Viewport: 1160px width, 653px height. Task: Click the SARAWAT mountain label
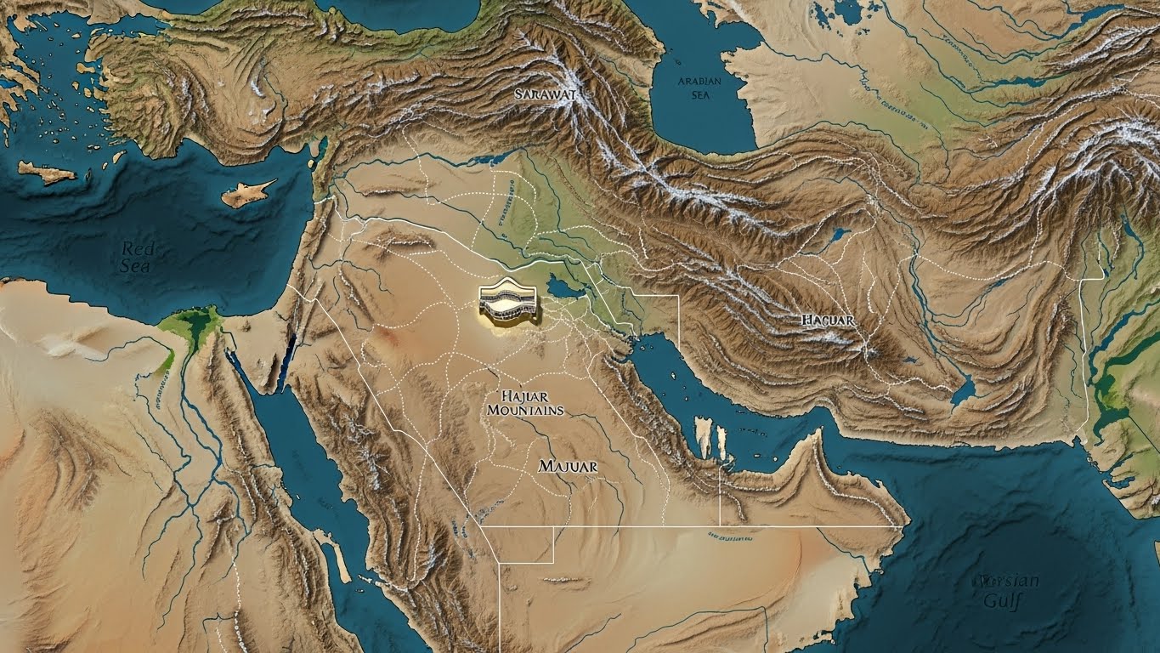pyautogui.click(x=545, y=94)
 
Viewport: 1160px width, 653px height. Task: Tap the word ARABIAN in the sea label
pyautogui.click(x=699, y=82)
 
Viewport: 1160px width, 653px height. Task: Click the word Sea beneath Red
pyautogui.click(x=136, y=266)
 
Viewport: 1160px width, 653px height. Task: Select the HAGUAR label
pyautogui.click(x=828, y=321)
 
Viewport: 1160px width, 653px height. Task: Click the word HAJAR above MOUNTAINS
pyautogui.click(x=524, y=395)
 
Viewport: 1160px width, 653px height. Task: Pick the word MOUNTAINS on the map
pyautogui.click(x=524, y=410)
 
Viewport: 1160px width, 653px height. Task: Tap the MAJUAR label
pyautogui.click(x=568, y=467)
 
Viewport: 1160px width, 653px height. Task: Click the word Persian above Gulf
pyautogui.click(x=1009, y=582)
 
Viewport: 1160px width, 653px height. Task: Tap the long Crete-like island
pyautogui.click(x=47, y=173)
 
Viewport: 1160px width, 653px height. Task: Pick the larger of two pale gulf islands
pyautogui.click(x=704, y=435)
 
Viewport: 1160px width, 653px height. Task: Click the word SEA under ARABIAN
pyautogui.click(x=699, y=95)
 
